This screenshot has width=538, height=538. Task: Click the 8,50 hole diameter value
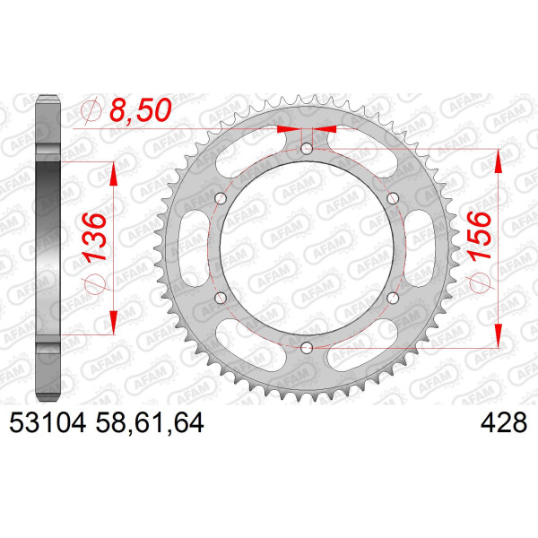pyautogui.click(x=141, y=110)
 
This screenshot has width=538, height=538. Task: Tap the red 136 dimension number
pyautogui.click(x=94, y=238)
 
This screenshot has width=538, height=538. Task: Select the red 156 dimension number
pyautogui.click(x=479, y=236)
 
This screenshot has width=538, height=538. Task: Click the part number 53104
pyautogui.click(x=48, y=422)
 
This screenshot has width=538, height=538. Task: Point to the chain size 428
pyautogui.click(x=504, y=422)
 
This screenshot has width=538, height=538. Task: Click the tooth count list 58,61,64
pyautogui.click(x=150, y=423)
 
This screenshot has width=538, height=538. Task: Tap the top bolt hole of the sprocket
pyautogui.click(x=307, y=149)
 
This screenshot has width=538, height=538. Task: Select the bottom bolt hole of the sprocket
pyautogui.click(x=307, y=348)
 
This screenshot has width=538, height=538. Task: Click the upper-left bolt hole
pyautogui.click(x=221, y=198)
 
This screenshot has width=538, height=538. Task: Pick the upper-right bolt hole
pyautogui.click(x=393, y=198)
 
